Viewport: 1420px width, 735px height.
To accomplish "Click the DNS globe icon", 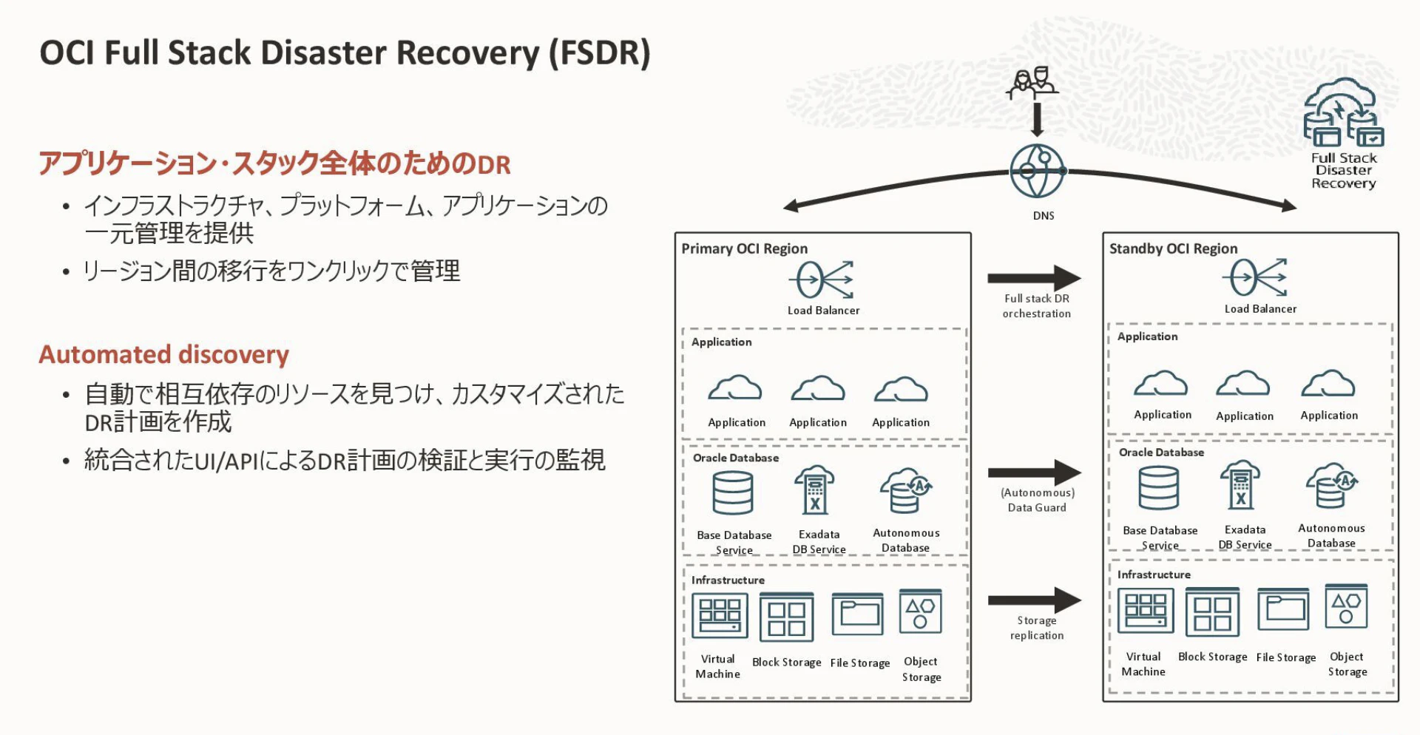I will coord(1037,172).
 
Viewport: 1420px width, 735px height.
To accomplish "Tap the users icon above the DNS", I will coord(1032,83).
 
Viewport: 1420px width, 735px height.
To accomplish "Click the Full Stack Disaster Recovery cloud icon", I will coord(1342,112).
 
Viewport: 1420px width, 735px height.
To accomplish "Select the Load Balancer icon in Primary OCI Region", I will coord(822,280).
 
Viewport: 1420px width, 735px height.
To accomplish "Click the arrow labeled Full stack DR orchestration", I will coord(1034,278).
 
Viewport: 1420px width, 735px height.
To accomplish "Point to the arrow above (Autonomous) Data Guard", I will coord(1034,472).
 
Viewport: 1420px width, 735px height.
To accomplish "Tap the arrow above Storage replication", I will coord(1034,600).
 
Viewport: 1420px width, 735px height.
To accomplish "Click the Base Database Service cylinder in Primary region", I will coord(732,493).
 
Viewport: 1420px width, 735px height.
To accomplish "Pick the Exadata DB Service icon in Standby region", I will coord(1240,484).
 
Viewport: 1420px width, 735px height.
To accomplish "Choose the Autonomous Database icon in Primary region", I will coord(905,490).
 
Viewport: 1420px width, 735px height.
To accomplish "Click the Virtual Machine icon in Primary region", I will coord(719,615).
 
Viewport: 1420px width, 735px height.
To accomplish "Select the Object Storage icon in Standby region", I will coord(1346,607).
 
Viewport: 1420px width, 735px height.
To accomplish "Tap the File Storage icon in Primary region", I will coord(857,614).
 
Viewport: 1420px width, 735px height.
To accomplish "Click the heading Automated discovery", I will coord(163,355).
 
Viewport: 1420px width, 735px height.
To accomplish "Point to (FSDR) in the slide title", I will coord(599,53).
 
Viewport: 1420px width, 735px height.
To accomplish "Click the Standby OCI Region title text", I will coord(1173,248).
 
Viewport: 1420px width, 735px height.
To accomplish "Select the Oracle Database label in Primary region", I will coord(735,458).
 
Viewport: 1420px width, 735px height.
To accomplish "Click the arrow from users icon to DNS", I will coord(1037,120).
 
